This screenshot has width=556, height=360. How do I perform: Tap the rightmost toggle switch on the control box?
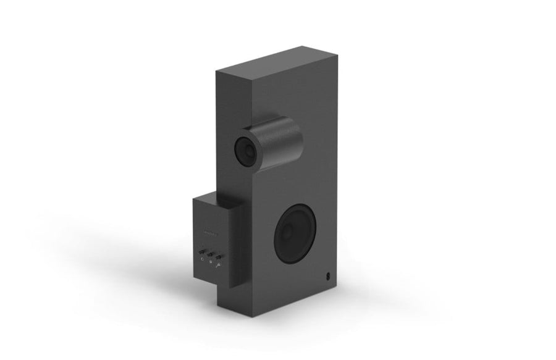[219, 257]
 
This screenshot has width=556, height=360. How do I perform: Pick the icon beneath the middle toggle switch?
[210, 262]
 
